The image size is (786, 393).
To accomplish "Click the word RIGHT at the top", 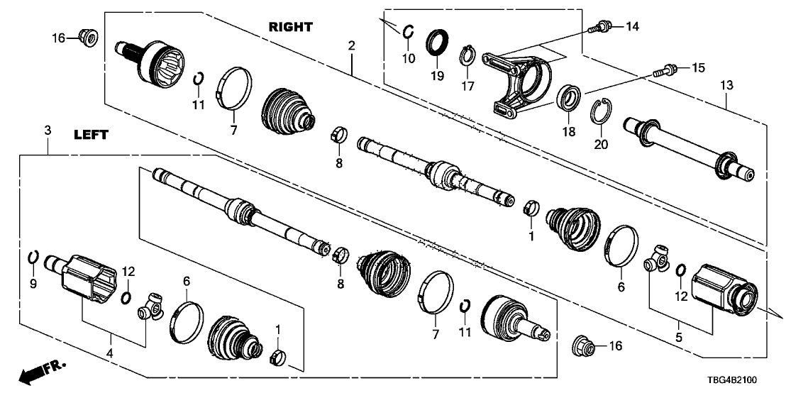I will pos(290,27).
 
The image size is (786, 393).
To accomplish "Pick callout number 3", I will pos(47,131).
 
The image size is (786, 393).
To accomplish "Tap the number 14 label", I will pos(631,27).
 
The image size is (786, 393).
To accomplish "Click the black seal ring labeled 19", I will pos(436,43).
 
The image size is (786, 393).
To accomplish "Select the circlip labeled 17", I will pos(467,55).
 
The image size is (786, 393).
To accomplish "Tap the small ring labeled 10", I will pos(409,31).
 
